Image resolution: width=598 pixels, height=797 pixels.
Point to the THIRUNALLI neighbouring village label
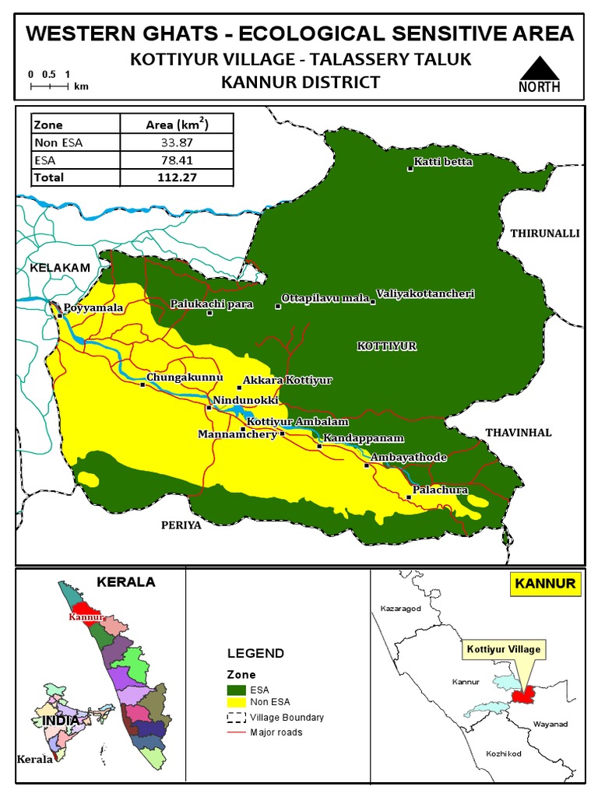[x=545, y=233]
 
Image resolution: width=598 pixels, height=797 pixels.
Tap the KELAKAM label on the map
[x=60, y=268]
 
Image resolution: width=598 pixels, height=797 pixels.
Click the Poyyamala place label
[x=93, y=308]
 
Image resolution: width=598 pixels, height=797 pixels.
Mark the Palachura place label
[x=440, y=490]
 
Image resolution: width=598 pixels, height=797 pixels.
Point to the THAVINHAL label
[x=518, y=433]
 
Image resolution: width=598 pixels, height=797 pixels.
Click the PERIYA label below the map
[x=181, y=525]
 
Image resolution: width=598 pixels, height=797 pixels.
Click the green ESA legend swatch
[x=236, y=690]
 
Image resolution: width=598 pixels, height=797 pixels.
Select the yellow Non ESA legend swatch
[x=236, y=703]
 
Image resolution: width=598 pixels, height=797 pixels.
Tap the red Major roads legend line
[x=236, y=732]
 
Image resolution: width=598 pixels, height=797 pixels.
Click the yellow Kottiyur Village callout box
[x=503, y=648]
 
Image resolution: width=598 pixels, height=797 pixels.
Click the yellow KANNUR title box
[x=544, y=584]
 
